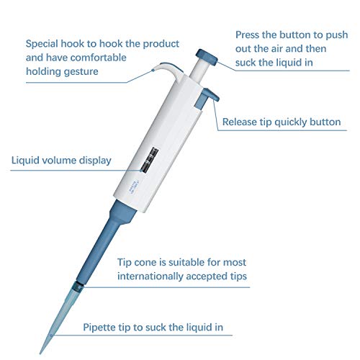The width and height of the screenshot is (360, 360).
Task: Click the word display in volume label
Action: coord(94,160)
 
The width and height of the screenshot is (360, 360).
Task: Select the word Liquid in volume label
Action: coord(26,160)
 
